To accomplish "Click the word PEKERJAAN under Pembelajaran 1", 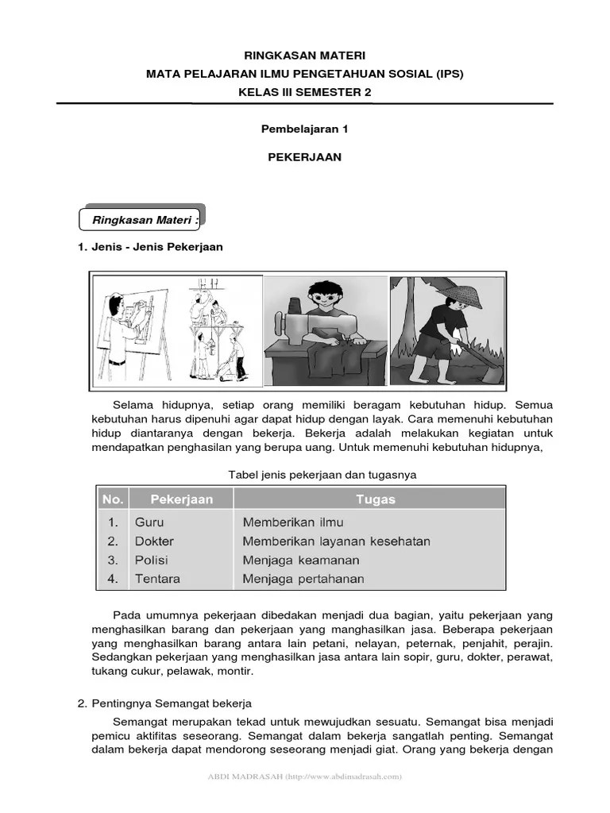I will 304,157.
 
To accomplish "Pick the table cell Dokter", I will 154,541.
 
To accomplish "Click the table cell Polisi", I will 151,560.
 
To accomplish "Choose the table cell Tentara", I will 157,579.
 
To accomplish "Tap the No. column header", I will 113,499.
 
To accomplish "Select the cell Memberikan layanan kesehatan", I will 336,541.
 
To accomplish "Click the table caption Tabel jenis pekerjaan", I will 322,475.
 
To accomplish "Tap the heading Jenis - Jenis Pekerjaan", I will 150,247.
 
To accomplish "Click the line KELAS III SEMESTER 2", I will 304,92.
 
